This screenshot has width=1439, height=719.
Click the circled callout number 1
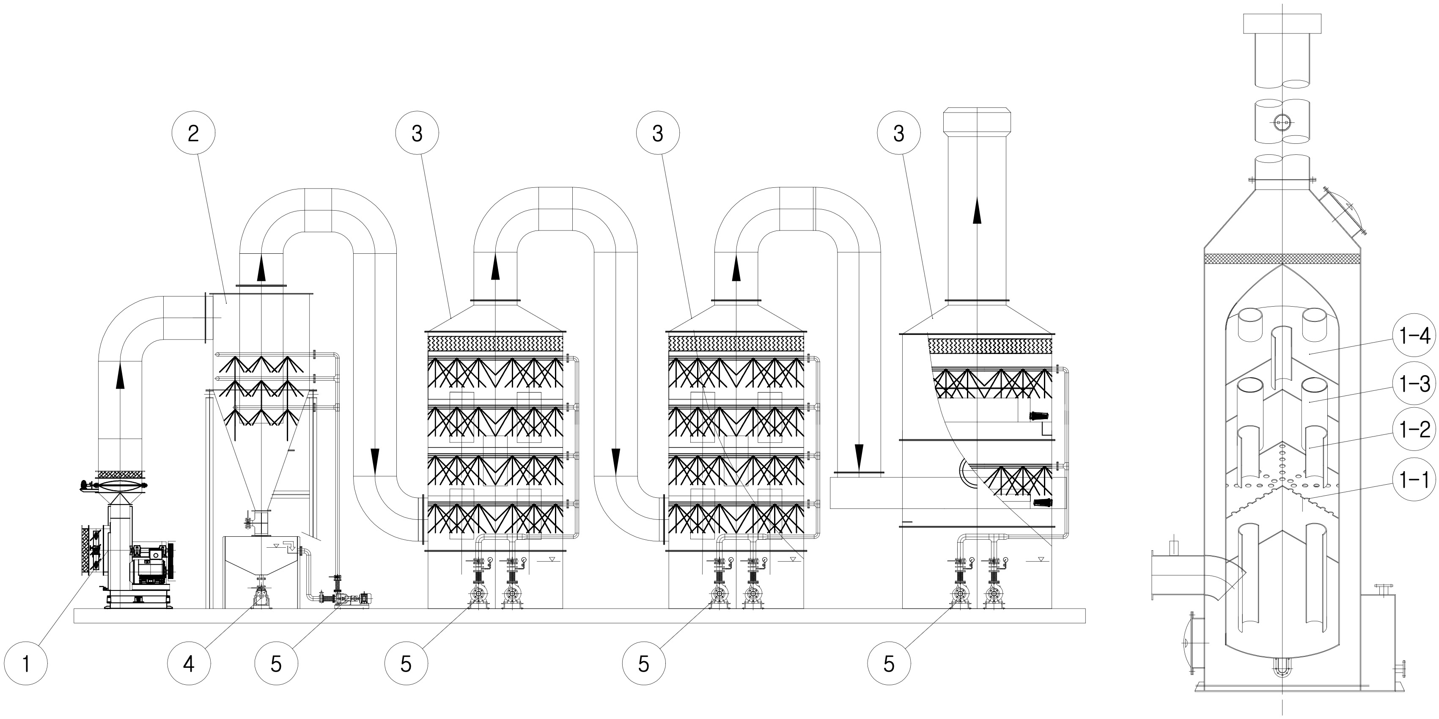point(26,664)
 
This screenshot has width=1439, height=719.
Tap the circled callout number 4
point(189,664)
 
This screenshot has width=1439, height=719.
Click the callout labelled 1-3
point(1414,384)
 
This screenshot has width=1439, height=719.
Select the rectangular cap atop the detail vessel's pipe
point(1282,23)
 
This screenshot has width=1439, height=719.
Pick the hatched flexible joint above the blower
point(120,474)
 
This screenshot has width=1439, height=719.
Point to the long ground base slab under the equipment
point(580,616)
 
